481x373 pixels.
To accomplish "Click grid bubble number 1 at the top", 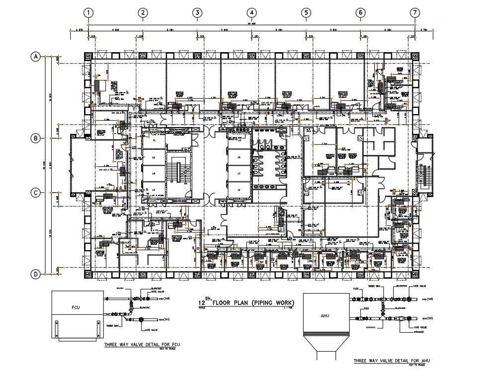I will click(x=88, y=12).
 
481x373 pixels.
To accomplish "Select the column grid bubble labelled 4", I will click(x=252, y=12).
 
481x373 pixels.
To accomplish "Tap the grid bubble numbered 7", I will click(x=415, y=12).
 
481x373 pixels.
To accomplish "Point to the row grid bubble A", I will click(x=36, y=57).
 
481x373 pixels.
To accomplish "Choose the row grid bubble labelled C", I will click(x=36, y=193).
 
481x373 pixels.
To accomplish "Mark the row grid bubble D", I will click(x=36, y=274).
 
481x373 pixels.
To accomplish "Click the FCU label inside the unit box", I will click(x=76, y=308).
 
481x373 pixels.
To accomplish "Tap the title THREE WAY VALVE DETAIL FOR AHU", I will click(x=391, y=361).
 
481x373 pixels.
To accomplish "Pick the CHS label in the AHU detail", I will click(x=430, y=318).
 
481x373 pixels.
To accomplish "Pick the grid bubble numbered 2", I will click(x=143, y=12).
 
